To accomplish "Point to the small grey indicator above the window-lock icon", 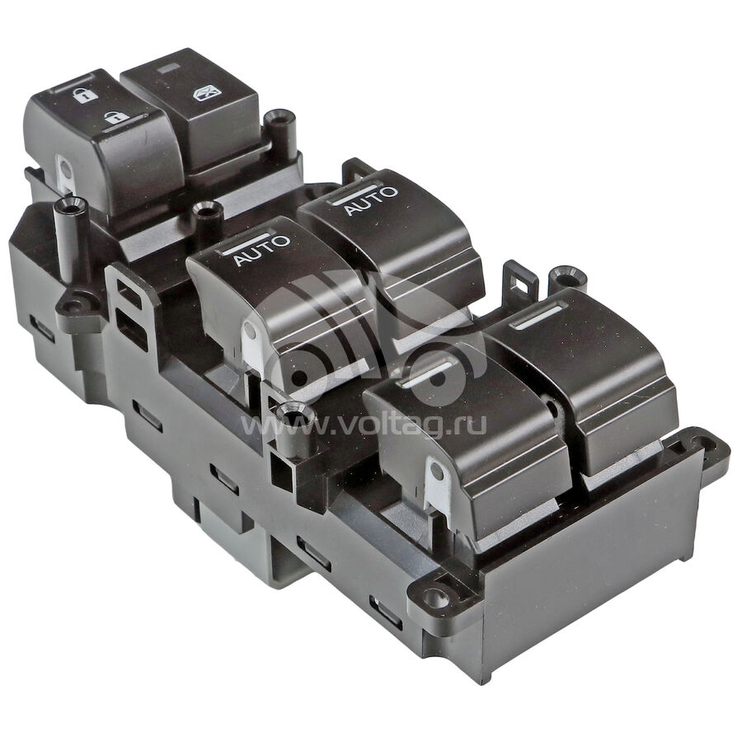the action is coord(169,68).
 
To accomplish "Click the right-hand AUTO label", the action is coord(372,200).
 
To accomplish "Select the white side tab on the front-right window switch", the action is coord(438,484).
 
